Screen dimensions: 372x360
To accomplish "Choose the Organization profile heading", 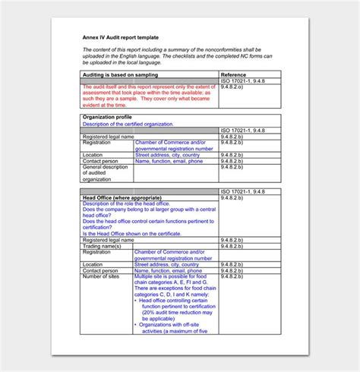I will click(x=112, y=118).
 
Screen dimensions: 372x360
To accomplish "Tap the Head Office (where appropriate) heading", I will click(x=122, y=197).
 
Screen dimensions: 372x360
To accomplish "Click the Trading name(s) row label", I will click(x=102, y=246).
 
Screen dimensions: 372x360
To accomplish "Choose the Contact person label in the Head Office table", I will click(x=100, y=270).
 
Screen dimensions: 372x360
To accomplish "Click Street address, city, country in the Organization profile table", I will click(x=167, y=155).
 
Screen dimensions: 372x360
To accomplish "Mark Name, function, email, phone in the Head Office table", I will click(x=169, y=270).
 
